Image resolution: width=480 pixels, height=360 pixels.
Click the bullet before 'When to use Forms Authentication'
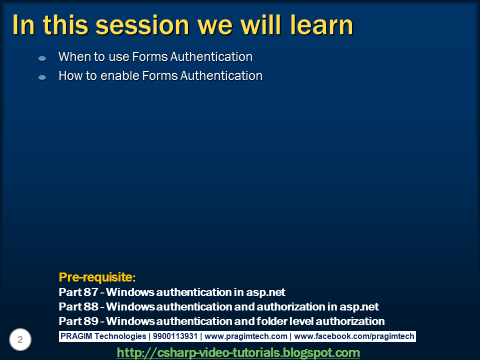pyautogui.click(x=42, y=58)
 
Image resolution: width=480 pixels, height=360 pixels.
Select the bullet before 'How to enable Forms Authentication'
pyautogui.click(x=42, y=77)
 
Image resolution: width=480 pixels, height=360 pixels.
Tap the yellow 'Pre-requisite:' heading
pyautogui.click(x=97, y=276)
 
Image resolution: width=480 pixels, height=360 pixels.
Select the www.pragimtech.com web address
pyautogui.click(x=246, y=336)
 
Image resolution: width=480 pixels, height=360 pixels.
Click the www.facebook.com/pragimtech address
pyautogui.click(x=354, y=336)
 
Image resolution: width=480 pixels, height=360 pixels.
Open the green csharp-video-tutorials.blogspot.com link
pyautogui.click(x=238, y=352)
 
